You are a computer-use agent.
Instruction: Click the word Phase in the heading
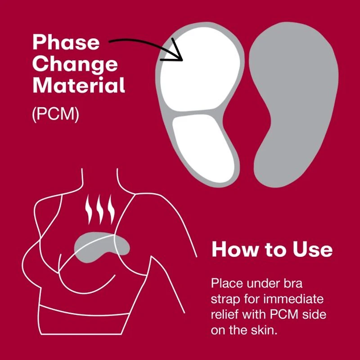pyautogui.click(x=66, y=43)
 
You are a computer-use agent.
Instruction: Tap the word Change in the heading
pyautogui.click(x=75, y=64)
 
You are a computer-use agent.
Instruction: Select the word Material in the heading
pyautogui.click(x=78, y=85)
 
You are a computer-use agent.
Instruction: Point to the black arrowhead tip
pyautogui.click(x=181, y=59)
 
